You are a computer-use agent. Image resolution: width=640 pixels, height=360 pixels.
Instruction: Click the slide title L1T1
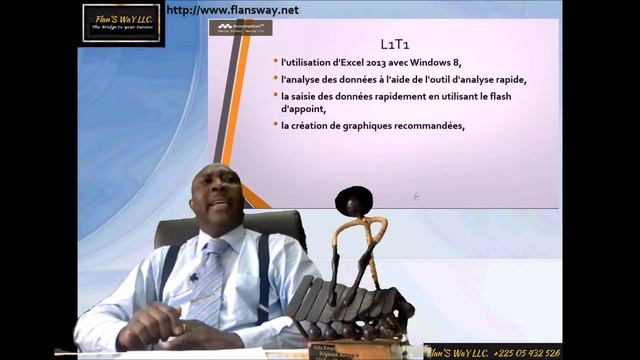point(394,44)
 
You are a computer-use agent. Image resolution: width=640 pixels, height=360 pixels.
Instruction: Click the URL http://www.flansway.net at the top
point(232,10)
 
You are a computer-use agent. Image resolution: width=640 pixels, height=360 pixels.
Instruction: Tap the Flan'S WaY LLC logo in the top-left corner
point(121,22)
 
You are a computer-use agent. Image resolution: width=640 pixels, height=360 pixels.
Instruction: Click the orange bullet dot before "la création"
point(275,126)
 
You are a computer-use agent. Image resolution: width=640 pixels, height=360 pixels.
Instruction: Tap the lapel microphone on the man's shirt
point(194,277)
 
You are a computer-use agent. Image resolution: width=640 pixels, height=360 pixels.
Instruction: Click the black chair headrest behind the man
point(270,226)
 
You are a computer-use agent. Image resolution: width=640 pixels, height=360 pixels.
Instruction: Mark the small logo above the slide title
point(240,27)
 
